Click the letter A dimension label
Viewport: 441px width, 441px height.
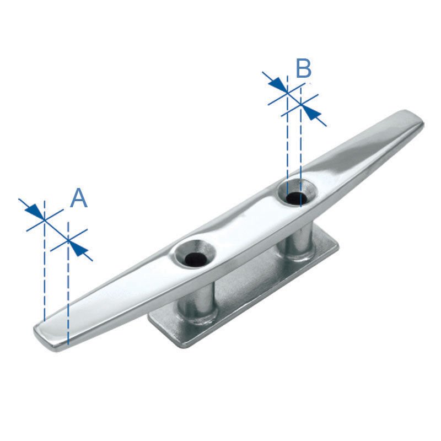coord(79,198)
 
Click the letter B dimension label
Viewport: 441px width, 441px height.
coord(304,69)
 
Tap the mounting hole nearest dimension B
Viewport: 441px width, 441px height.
coord(297,196)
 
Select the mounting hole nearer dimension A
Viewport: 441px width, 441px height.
coord(193,257)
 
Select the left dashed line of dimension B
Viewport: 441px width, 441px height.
coord(287,138)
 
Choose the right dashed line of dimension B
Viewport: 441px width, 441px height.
coord(300,149)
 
